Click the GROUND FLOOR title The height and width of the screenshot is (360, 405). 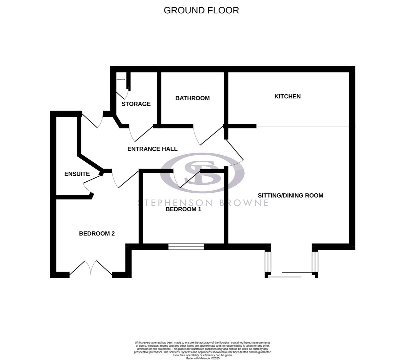[x=201, y=10]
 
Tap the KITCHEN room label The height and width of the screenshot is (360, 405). [x=287, y=96]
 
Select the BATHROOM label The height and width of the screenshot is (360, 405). [x=192, y=98]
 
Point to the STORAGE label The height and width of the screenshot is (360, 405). [x=136, y=104]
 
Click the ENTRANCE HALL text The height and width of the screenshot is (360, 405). [x=152, y=149]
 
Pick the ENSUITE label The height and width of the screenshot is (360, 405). [x=77, y=174]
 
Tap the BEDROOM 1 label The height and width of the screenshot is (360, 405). [x=183, y=209]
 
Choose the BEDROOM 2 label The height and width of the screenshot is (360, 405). [x=97, y=234]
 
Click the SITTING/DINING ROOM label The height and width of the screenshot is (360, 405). [x=290, y=195]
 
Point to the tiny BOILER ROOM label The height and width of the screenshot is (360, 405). [x=120, y=79]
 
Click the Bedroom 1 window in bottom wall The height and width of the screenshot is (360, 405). [x=186, y=247]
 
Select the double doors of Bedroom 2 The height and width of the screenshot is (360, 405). [x=91, y=268]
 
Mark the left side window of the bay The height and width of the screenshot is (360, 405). [x=268, y=262]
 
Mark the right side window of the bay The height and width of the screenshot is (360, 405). [x=315, y=262]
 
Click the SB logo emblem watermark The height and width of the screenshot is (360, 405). [x=202, y=173]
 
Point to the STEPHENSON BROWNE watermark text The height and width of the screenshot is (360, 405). [x=203, y=203]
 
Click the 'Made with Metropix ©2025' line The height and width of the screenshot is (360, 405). [x=202, y=358]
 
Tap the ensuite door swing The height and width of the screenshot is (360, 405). [x=87, y=186]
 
